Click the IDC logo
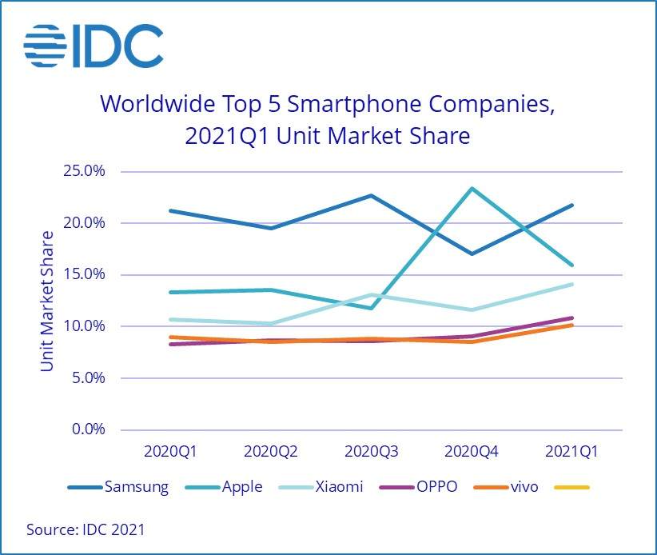click(93, 46)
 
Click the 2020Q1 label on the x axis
click(169, 452)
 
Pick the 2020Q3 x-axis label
click(372, 452)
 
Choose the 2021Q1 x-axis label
click(572, 452)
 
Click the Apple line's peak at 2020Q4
click(472, 189)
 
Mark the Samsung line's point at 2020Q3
click(372, 195)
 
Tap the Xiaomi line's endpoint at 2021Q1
click(572, 284)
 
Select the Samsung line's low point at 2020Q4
click(472, 254)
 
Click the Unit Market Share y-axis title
click(47, 301)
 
